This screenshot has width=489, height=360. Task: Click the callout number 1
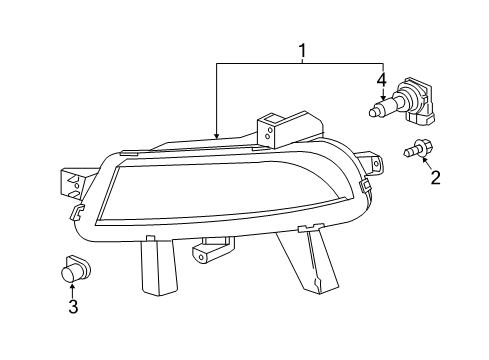pyautogui.click(x=302, y=51)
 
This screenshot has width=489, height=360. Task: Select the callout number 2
pyautogui.click(x=435, y=177)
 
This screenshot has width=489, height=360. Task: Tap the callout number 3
pyautogui.click(x=73, y=306)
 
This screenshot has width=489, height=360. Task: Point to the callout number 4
pyautogui.click(x=382, y=81)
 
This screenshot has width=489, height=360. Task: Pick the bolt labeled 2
pyautogui.click(x=418, y=149)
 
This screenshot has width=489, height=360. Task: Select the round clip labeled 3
pyautogui.click(x=76, y=269)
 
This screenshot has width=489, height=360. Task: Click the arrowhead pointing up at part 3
pyautogui.click(x=72, y=286)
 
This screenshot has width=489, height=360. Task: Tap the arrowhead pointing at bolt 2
pyautogui.click(x=425, y=160)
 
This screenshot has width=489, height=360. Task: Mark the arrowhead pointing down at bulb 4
pyautogui.click(x=383, y=97)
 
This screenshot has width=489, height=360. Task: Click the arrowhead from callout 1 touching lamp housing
pyautogui.click(x=217, y=135)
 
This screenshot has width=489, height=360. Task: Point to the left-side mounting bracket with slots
pyautogui.click(x=74, y=184)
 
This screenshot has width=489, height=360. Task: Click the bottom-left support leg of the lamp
pyautogui.click(x=159, y=266)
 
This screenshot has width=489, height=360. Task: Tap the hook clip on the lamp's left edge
pyautogui.click(x=77, y=212)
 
